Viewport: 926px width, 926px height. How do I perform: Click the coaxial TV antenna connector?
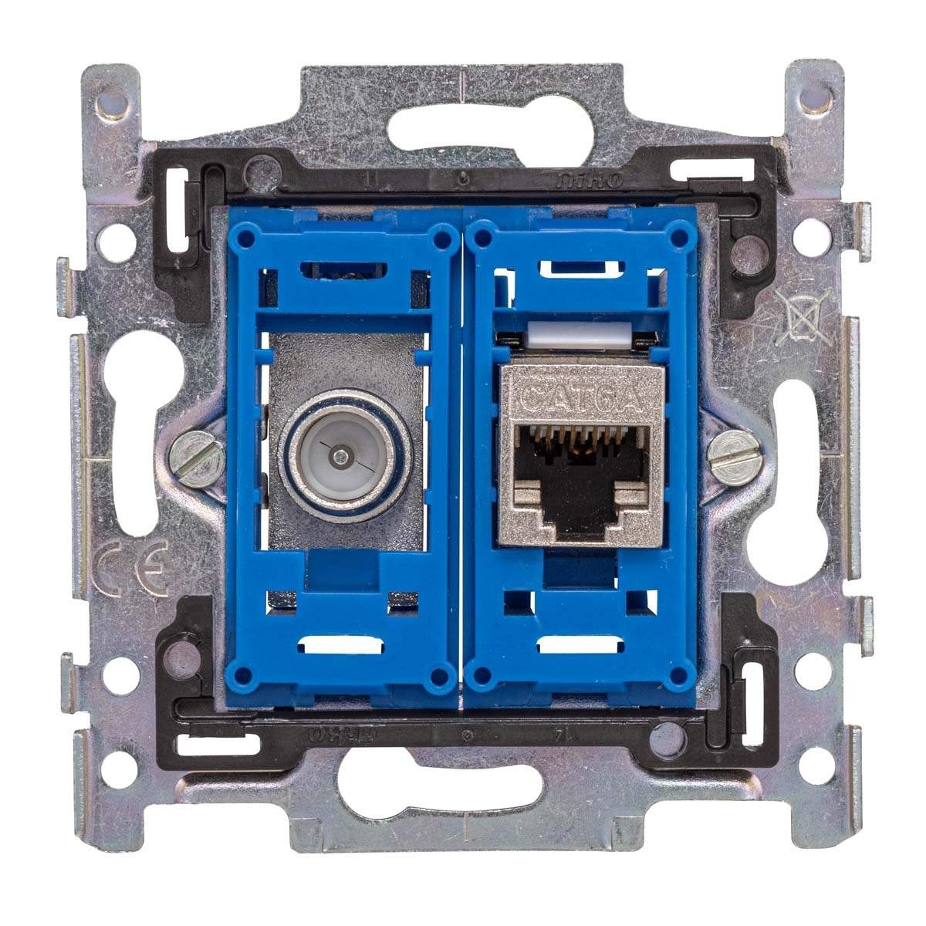339,458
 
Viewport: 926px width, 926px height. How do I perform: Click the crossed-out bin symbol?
802,316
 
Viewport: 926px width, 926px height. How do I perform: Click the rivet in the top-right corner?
815,100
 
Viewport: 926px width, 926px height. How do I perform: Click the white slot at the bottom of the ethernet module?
580,647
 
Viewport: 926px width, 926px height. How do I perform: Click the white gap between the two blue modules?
461,455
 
